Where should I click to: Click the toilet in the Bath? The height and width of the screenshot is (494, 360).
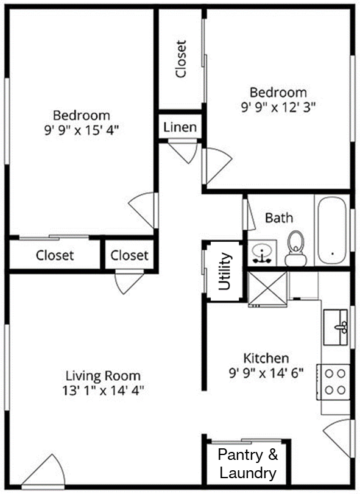coord(295,249)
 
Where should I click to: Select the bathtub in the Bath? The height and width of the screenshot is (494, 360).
coord(332,231)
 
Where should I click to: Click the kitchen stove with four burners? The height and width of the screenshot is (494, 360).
coord(334,381)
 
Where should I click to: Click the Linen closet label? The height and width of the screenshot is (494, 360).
coord(180,127)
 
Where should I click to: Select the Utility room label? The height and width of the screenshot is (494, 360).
coord(224,271)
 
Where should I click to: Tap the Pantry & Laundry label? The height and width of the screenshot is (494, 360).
coord(247,464)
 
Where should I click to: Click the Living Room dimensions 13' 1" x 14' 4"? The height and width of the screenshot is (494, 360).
coord(103,390)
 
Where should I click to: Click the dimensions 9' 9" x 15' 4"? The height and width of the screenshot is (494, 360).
coord(82,129)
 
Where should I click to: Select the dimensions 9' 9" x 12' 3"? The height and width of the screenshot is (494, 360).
coord(278,107)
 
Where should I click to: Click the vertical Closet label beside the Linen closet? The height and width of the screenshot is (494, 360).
coord(180,59)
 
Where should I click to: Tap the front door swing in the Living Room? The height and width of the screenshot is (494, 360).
coord(43,472)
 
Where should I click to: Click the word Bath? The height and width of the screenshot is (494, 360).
coord(278,217)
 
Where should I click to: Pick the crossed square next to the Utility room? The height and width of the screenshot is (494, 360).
coord(267,289)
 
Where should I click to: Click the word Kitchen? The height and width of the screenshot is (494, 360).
coord(266,358)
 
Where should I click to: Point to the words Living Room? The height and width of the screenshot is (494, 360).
coord(103,376)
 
